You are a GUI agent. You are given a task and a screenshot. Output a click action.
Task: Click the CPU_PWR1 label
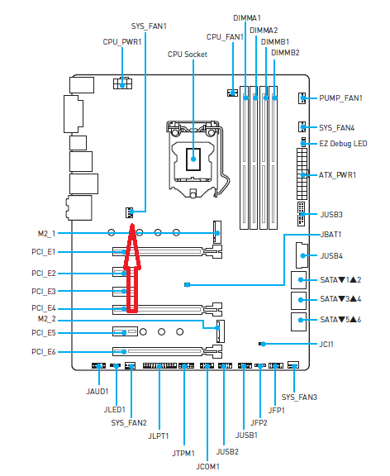122,42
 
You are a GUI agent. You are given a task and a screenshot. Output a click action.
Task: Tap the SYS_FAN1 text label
149,26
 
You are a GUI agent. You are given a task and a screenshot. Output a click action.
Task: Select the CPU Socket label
188,55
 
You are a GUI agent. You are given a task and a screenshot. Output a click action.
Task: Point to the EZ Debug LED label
343,144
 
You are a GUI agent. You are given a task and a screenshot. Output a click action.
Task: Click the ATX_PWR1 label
337,175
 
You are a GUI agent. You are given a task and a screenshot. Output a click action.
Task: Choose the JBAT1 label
331,235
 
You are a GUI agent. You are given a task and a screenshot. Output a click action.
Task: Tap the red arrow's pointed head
132,225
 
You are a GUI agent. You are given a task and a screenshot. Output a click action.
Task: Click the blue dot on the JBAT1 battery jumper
188,285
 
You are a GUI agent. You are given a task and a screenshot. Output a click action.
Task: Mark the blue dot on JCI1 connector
263,344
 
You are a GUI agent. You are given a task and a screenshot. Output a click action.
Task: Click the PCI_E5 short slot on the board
125,331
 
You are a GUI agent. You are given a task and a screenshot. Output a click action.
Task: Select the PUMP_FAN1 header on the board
302,98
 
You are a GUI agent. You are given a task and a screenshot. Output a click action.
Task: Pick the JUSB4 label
331,256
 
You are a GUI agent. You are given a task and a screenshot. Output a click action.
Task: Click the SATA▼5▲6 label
340,320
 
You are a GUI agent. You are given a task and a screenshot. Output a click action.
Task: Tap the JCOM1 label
207,467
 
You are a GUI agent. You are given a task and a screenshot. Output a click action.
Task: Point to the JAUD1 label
97,392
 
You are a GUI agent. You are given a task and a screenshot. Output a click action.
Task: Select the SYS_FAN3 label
299,397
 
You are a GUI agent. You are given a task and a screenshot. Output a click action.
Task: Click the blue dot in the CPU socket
193,159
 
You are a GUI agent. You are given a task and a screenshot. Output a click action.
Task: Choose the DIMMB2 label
285,53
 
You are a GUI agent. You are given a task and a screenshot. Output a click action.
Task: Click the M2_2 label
47,319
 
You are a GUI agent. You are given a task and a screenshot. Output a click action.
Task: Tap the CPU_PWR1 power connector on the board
122,83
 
